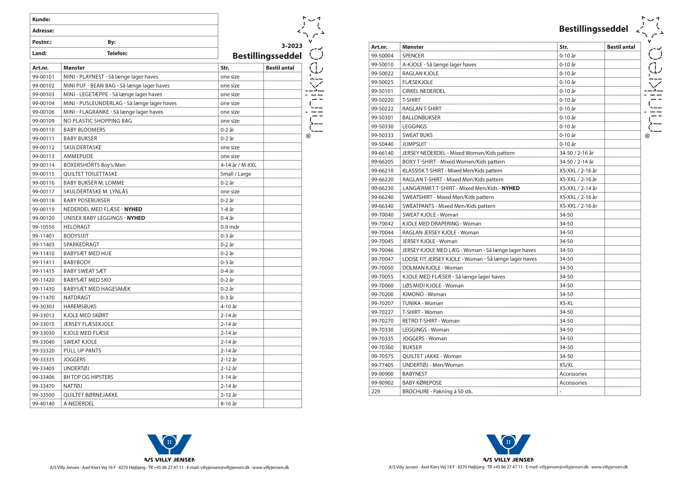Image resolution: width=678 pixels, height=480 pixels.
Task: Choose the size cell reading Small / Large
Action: click(236, 174)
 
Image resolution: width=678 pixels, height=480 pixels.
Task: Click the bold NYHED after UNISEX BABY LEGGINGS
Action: click(136, 218)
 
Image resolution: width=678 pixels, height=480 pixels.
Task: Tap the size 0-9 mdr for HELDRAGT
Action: click(230, 227)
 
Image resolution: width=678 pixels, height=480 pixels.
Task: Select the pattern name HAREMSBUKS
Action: click(80, 306)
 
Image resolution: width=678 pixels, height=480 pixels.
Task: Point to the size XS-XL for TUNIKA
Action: click(566, 303)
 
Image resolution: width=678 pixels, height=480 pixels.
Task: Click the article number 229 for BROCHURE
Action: click(376, 392)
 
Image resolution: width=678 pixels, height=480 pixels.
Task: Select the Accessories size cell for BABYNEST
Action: click(573, 374)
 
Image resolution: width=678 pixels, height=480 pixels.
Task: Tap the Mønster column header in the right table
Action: click(413, 47)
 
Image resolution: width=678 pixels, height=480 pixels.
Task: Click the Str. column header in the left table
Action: click(225, 68)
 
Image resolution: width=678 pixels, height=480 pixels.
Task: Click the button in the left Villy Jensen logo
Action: click(169, 442)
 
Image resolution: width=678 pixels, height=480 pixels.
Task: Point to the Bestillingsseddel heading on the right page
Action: click(593, 29)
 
